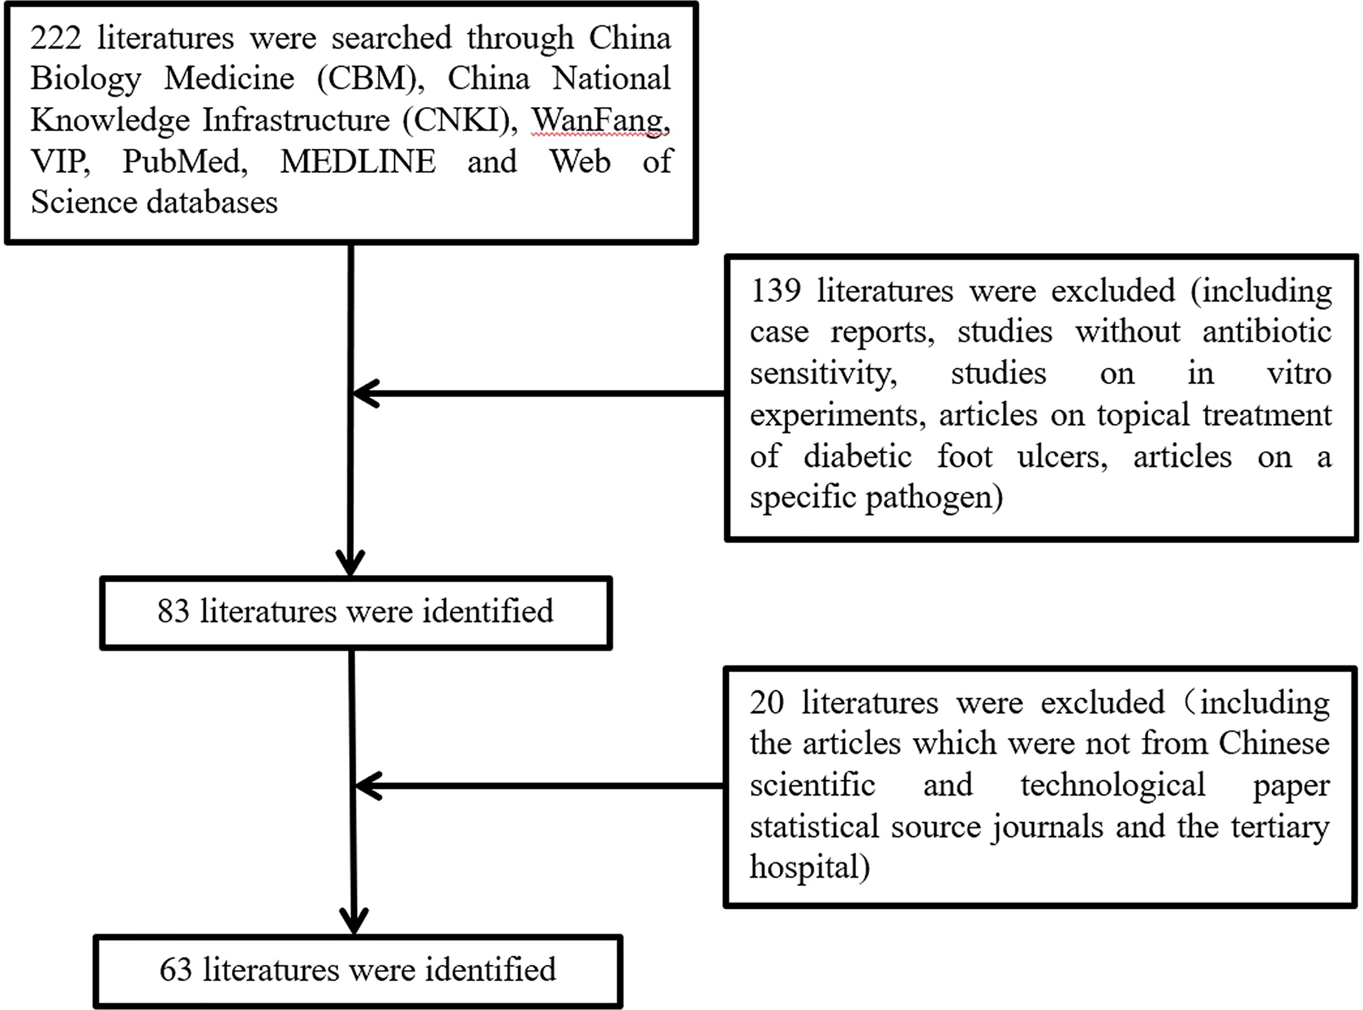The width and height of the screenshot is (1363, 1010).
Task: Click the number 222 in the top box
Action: point(56,38)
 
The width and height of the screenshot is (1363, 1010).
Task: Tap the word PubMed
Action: point(185,161)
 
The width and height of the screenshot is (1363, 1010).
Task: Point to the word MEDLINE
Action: point(358,161)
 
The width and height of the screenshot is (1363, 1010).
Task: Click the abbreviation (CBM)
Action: point(370,79)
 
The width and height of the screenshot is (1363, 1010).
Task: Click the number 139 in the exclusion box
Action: point(775,291)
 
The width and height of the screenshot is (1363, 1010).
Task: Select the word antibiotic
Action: point(1267,332)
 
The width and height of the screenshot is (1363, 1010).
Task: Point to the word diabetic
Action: point(857,456)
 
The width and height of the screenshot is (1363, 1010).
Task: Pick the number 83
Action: point(173,611)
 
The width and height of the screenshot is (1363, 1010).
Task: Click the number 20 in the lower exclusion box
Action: point(766,702)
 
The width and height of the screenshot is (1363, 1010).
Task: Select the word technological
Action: point(1112,785)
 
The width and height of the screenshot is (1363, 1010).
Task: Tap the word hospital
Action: point(804,867)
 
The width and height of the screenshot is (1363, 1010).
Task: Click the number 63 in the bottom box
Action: point(176,970)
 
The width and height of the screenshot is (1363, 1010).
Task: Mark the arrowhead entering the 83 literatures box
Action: point(350,562)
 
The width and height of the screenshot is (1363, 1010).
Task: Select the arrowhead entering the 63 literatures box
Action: point(354,921)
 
